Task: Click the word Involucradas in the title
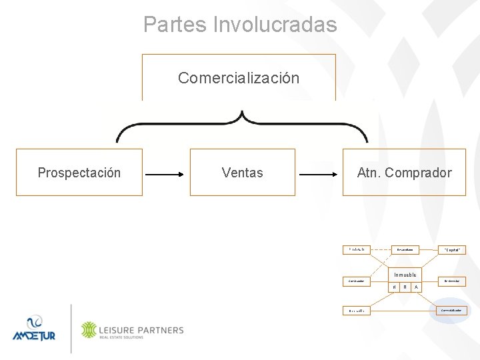coord(275,25)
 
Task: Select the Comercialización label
coord(239,78)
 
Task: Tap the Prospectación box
coord(79,173)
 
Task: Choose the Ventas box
coord(242,173)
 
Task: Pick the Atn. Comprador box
coord(404,173)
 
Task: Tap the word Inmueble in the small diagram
coord(404,275)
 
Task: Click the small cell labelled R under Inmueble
coord(405,287)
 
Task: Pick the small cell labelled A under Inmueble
coord(416,287)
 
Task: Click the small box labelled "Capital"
coord(451,250)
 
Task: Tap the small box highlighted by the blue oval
coord(451,310)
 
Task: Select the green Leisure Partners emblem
coord(89,330)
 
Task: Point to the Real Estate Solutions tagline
coord(121,337)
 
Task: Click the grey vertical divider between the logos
coord(71,328)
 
